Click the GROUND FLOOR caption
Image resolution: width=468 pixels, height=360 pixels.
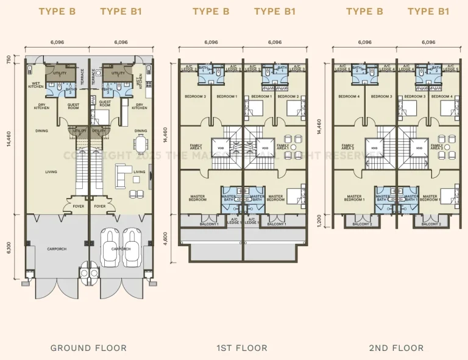(x=88, y=348)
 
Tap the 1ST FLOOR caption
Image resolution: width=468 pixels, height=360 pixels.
(x=242, y=348)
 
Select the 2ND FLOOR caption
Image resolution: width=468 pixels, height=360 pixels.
(x=395, y=348)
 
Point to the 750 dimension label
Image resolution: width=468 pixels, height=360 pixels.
(x=9, y=59)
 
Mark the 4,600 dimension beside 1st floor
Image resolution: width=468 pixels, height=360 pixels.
(x=166, y=236)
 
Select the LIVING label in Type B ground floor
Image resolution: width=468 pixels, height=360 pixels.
(x=51, y=172)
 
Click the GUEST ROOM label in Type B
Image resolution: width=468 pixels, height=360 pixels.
(x=73, y=105)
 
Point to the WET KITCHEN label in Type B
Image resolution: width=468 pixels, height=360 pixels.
(x=35, y=85)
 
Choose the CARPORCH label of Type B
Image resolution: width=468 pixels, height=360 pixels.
(x=57, y=249)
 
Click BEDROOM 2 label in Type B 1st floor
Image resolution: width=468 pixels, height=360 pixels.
(x=196, y=96)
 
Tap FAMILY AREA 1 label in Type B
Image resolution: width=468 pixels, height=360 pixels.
(x=196, y=147)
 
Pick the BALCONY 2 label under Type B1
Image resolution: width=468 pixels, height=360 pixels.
(x=431, y=224)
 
